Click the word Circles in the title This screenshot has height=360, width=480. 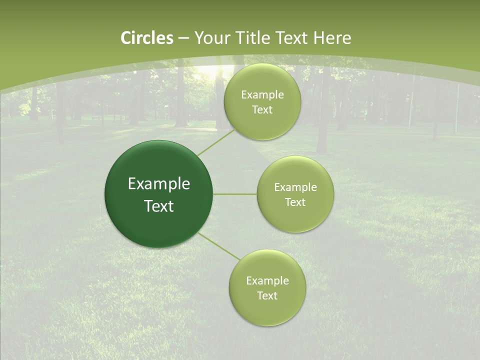coord(147,38)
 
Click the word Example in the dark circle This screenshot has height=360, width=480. coord(159,184)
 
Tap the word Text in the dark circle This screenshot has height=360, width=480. coord(159,206)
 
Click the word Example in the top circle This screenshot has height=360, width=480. coord(262,95)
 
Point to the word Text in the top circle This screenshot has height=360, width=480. coord(262,110)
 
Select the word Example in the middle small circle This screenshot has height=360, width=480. coord(295,187)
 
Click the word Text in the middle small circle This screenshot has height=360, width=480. coord(295,202)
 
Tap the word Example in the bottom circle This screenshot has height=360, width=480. coord(267,281)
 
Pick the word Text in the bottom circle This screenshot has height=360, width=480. coord(267,296)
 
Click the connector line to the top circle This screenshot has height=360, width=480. coord(215,142)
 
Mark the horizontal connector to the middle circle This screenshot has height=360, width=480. coord(235,194)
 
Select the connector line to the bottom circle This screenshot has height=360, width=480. coord(219,246)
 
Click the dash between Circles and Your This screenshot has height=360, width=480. coord(183,38)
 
